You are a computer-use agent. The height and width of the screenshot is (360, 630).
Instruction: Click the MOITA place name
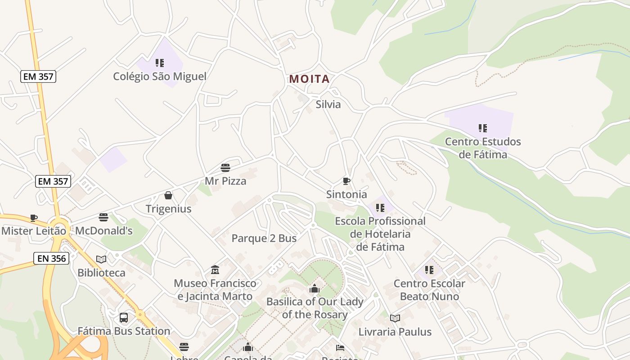click(309, 79)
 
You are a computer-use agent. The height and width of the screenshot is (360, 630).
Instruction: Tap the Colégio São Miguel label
click(160, 76)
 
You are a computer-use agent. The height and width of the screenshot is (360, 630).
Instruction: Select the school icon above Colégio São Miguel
click(160, 63)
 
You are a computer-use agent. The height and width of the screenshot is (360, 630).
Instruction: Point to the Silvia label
click(328, 104)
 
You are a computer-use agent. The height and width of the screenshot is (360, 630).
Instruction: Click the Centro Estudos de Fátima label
click(483, 148)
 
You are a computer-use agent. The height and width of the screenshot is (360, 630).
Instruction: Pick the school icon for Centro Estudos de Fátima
click(483, 128)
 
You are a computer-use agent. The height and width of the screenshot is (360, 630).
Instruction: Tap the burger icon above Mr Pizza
click(225, 168)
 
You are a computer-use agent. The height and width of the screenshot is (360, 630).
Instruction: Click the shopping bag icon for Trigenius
click(168, 195)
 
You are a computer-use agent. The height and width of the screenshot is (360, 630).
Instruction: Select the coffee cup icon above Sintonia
click(346, 181)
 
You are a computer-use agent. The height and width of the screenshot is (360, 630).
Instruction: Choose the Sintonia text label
click(346, 194)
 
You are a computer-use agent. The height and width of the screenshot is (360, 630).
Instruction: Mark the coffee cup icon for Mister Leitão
click(34, 218)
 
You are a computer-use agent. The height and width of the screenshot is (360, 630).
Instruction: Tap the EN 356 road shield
click(51, 258)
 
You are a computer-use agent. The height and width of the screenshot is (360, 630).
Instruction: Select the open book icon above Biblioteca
click(101, 259)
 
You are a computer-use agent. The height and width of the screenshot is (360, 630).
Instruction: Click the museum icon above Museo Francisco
click(215, 270)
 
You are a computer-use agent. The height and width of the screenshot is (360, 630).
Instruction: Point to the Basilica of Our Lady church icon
click(315, 288)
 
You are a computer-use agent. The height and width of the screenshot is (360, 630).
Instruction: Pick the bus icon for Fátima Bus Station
click(124, 318)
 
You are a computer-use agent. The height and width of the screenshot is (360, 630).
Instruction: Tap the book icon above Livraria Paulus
click(395, 319)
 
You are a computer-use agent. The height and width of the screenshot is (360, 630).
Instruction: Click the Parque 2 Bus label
click(264, 238)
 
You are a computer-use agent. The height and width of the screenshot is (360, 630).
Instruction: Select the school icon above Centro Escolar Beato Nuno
click(429, 270)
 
